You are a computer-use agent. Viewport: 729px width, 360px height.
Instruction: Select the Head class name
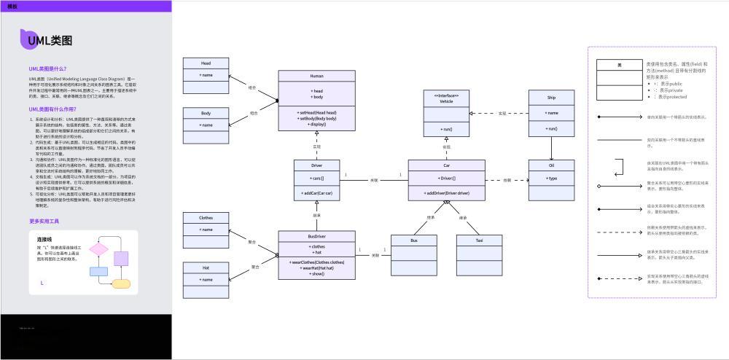coord(206,63)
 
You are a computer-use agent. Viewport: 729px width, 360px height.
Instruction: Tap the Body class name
coord(206,114)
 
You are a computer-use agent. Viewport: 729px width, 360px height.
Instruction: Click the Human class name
coord(316,76)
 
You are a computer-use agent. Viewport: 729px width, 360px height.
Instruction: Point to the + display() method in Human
coord(316,125)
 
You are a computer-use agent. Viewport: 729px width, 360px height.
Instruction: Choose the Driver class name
coord(316,165)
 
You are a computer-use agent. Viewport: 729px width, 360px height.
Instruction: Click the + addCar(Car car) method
coord(316,193)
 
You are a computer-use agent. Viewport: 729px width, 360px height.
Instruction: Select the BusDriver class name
coord(316,237)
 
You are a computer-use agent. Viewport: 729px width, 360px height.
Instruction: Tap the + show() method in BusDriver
coord(316,273)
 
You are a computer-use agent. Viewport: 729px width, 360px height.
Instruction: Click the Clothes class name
coord(206,218)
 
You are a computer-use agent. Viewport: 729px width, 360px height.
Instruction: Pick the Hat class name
coord(206,267)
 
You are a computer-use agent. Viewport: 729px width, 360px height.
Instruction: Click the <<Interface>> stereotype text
coord(446,95)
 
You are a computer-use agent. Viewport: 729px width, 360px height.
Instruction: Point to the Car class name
coord(446,165)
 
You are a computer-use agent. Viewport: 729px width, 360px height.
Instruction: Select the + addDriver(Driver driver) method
coord(446,193)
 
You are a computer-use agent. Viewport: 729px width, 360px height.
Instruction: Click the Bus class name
coord(413,240)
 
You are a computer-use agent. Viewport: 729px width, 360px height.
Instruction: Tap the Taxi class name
coord(479,240)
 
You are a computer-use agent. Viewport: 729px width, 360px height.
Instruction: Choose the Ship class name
coord(552,97)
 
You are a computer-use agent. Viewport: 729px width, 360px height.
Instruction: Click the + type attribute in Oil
coord(552,179)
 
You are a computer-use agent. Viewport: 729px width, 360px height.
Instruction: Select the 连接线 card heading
coord(44,239)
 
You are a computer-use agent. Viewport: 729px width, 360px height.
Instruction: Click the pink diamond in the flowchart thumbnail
coord(98,249)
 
